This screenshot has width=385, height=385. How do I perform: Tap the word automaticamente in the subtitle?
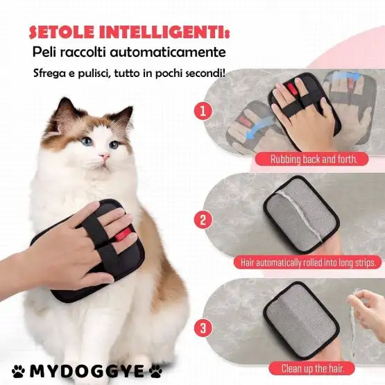coord(168,53)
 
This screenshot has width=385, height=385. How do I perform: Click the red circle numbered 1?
coord(203,111)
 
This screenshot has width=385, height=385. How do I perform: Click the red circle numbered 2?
coord(203,219)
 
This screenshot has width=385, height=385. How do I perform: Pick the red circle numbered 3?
coord(203,328)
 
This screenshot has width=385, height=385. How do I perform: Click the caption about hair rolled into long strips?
coord(308,263)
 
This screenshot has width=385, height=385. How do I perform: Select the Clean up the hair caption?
coord(313,368)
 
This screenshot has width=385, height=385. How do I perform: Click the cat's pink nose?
coord(105,156)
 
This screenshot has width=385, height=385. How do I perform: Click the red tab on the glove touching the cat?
coord(123,234)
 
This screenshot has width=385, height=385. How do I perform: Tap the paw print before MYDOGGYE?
coord(19,370)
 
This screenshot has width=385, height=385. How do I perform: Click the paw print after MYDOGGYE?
coord(156,370)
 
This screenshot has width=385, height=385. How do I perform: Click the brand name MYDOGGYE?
coord(87,371)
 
